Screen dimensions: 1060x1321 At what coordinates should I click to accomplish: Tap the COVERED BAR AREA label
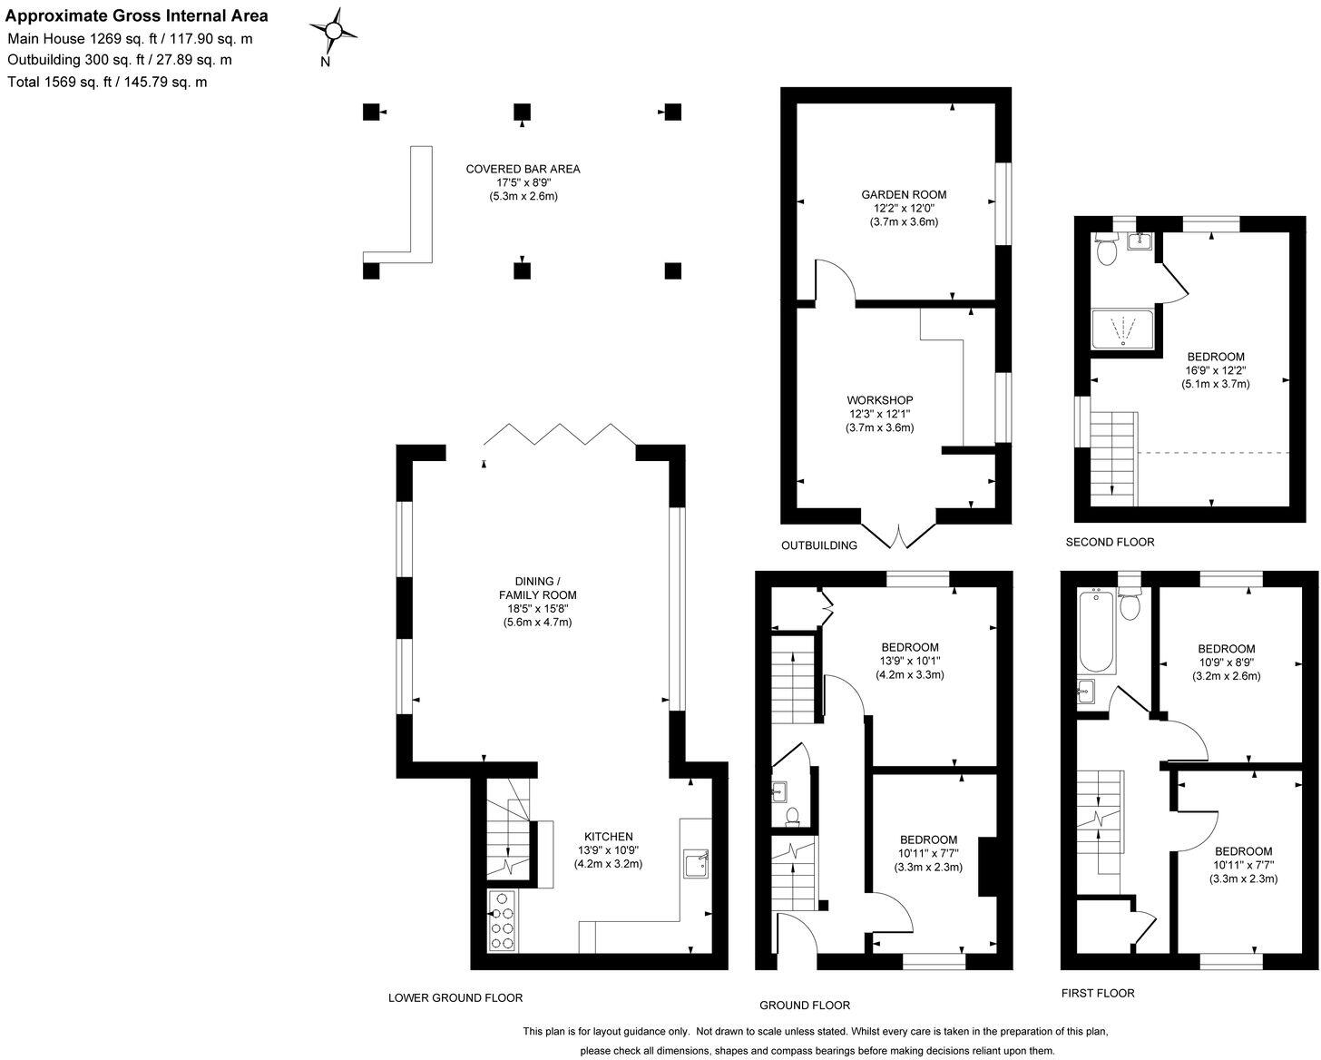point(523,169)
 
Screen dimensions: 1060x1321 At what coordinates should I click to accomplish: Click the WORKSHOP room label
point(879,400)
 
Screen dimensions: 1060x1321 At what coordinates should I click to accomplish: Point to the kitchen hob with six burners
point(502,920)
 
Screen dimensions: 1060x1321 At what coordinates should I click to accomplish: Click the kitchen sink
point(696,863)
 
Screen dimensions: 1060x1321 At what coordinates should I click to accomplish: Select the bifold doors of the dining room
point(559,435)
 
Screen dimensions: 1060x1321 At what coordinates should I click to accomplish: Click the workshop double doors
point(898,535)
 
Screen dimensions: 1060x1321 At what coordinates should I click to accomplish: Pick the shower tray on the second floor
point(1123,329)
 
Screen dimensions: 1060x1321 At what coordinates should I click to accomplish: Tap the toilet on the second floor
point(1107,250)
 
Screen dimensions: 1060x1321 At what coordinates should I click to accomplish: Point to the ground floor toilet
point(791,816)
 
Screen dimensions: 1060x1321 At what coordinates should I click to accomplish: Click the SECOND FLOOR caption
point(1110,542)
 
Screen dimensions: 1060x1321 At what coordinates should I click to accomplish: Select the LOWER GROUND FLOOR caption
point(455,997)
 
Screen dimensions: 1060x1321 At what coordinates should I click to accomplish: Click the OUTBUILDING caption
point(819,545)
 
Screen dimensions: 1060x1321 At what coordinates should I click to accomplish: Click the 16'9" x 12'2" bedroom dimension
point(1216,370)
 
